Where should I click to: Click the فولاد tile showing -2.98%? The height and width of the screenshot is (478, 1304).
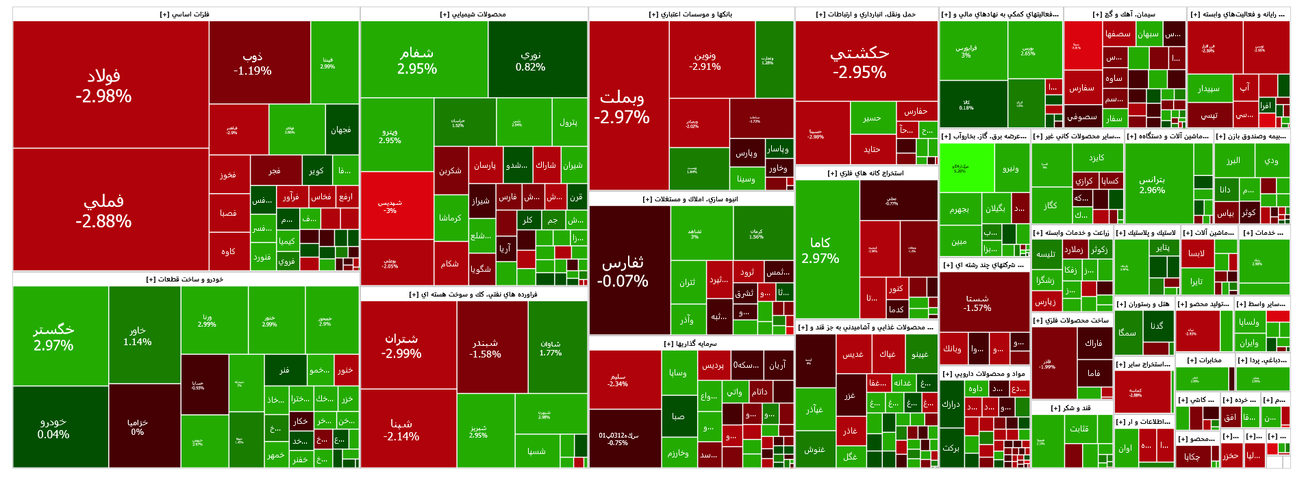point(103,86)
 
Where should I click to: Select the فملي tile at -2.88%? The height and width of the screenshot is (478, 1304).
point(103,210)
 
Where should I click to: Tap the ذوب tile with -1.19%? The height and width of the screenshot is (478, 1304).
point(252,63)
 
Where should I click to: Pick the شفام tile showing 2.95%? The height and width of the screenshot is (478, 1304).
point(417,60)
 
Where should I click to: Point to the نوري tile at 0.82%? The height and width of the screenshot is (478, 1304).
point(530,60)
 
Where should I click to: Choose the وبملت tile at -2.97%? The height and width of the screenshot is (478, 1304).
point(621,106)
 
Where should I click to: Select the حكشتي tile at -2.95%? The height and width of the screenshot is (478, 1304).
point(860,62)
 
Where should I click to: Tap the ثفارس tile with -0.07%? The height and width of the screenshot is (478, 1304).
point(622,271)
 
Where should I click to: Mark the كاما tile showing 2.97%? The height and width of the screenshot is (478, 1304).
point(820,250)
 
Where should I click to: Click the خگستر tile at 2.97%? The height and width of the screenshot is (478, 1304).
point(53,337)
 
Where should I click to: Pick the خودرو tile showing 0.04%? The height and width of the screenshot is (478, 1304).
point(53,428)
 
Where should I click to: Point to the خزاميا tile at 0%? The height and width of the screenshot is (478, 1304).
point(137,427)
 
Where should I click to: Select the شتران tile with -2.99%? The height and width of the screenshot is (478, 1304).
point(401,346)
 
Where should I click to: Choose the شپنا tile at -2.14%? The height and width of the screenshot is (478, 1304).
point(401,429)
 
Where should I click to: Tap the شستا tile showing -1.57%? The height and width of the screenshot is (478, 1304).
point(977,303)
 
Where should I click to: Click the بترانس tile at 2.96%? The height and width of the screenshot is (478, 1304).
point(1151,184)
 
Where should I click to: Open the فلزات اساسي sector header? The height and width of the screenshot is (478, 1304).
point(185,14)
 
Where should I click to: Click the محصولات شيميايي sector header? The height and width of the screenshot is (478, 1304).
point(473,14)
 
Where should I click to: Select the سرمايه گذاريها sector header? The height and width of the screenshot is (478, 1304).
point(690,344)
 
